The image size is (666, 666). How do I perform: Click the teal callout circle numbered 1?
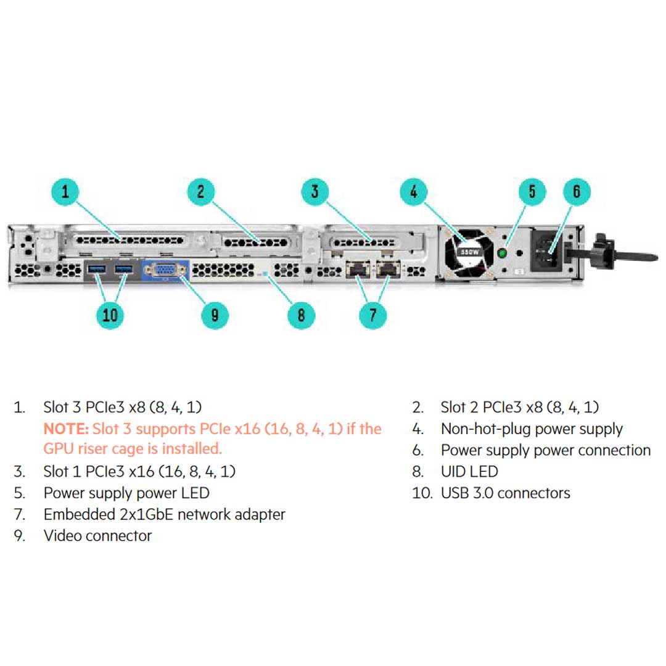[x=66, y=192]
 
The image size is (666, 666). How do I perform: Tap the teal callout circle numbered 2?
[x=201, y=192]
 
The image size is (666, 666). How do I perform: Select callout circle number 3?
[x=315, y=192]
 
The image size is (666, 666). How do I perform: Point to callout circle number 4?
[x=414, y=192]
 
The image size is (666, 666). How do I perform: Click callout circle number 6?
[x=577, y=192]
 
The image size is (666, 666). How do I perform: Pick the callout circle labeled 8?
[x=302, y=315]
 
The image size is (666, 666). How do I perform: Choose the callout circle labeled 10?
[x=110, y=315]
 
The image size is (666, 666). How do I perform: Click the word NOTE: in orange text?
[x=67, y=429]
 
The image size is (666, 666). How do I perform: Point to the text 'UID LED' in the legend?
[x=469, y=472]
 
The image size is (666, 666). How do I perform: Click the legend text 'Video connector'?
[x=97, y=535]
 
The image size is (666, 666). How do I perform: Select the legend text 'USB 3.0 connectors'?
[x=506, y=493]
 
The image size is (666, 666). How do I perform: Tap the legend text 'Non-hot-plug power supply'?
[x=532, y=429]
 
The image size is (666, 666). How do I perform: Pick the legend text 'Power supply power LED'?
[x=126, y=493]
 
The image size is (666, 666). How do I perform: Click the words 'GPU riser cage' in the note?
[x=97, y=448]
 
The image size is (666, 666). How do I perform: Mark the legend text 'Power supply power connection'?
[x=546, y=450]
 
